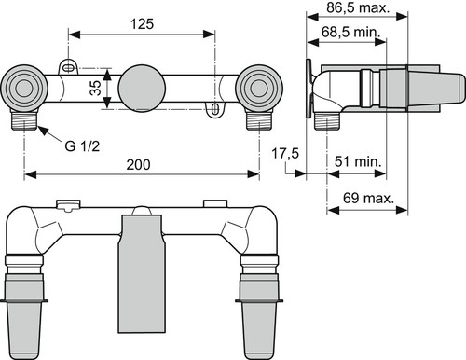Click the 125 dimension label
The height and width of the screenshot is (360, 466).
click(x=142, y=24)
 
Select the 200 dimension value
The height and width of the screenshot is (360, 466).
click(x=138, y=164)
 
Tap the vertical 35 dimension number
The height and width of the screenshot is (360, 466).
click(x=96, y=88)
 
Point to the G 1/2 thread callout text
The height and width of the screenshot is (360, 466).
click(x=82, y=145)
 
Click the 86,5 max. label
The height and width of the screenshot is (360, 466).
click(x=358, y=7)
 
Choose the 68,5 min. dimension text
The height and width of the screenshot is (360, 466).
click(x=351, y=32)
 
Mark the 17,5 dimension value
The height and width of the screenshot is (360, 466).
click(x=285, y=153)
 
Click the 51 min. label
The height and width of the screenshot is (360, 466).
click(x=358, y=161)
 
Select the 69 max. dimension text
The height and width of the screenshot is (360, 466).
click(x=368, y=198)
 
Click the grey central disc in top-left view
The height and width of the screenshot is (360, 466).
click(x=142, y=88)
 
